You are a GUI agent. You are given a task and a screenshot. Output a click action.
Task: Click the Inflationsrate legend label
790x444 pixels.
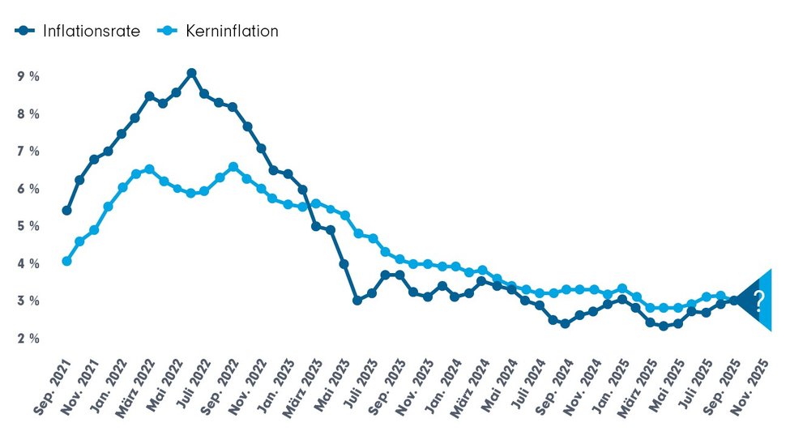pos(92,31)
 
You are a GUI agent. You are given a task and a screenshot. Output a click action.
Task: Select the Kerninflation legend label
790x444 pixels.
pos(232,31)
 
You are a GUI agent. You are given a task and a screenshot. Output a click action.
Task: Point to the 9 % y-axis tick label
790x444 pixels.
pos(28,76)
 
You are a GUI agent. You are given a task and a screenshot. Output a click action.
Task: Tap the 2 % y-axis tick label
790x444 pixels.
pos(28,339)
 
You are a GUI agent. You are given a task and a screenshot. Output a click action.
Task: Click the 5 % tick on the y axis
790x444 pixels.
pos(28,226)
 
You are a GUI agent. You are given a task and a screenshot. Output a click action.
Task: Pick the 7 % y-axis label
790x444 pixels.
pos(28,152)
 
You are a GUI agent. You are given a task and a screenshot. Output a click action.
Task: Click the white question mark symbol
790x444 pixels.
pos(758,301)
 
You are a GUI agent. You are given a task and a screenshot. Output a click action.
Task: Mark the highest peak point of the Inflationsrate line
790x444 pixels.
pos(191,73)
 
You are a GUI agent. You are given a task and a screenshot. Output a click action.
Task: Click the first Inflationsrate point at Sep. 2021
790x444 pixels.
pos(66,211)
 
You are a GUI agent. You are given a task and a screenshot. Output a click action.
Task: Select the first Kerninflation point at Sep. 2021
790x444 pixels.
pos(66,261)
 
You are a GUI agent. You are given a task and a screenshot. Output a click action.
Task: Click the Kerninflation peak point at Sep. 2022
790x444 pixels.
pos(233,167)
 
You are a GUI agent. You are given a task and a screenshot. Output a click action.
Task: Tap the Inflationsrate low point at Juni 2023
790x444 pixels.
pos(357,300)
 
